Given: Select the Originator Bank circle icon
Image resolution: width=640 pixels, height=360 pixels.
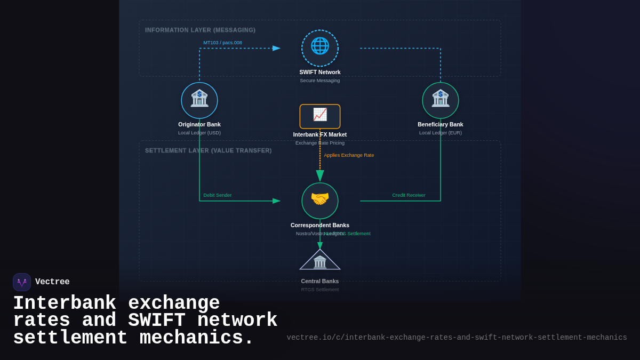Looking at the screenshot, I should pyautogui.click(x=199, y=100).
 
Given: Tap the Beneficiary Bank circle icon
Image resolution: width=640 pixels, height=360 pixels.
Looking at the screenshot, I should pyautogui.click(x=441, y=100).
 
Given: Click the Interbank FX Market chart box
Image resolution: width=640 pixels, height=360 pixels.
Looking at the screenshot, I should pyautogui.click(x=320, y=116).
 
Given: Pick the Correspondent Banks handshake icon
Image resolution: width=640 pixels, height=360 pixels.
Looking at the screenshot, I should pyautogui.click(x=320, y=201).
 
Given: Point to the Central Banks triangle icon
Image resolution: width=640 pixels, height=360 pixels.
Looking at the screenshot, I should pyautogui.click(x=320, y=261).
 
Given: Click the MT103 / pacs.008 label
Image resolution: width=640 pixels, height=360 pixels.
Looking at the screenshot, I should pyautogui.click(x=222, y=43).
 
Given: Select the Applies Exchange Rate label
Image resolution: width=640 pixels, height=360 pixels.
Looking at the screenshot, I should pyautogui.click(x=349, y=155).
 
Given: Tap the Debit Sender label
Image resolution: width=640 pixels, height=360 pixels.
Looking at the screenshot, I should pyautogui.click(x=218, y=195).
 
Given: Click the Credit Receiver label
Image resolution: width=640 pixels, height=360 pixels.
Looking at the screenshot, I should pyautogui.click(x=409, y=195).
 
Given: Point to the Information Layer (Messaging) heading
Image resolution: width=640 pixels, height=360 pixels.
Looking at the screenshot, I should pyautogui.click(x=200, y=30).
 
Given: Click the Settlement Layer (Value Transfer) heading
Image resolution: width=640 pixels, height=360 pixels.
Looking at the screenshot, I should pyautogui.click(x=208, y=151).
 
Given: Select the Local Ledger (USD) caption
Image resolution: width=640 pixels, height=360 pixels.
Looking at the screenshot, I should pyautogui.click(x=199, y=133).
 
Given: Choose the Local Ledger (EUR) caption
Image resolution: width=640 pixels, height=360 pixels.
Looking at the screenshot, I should pyautogui.click(x=441, y=133).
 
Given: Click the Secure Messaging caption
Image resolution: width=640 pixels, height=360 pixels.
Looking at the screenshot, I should pyautogui.click(x=320, y=81).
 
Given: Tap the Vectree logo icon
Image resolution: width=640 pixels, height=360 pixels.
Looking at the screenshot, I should pyautogui.click(x=22, y=282).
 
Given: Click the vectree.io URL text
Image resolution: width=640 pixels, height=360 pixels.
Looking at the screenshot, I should pyautogui.click(x=457, y=338).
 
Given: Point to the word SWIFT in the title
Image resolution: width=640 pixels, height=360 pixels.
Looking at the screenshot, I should pyautogui.click(x=157, y=321).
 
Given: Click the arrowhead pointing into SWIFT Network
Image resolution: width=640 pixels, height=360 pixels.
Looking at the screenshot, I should pyautogui.click(x=276, y=48).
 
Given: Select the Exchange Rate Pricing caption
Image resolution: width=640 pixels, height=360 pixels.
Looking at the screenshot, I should pyautogui.click(x=320, y=143).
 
